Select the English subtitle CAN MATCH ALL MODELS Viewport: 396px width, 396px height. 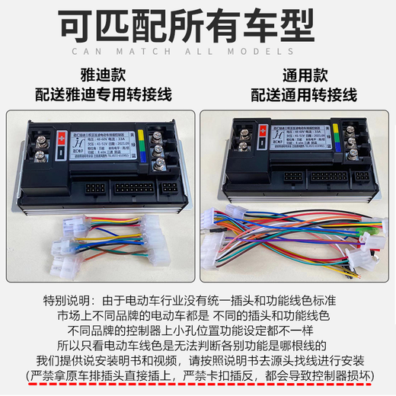coord(197,51)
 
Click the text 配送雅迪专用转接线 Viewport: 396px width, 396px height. coord(99,97)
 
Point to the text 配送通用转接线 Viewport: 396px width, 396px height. coord(296,97)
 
